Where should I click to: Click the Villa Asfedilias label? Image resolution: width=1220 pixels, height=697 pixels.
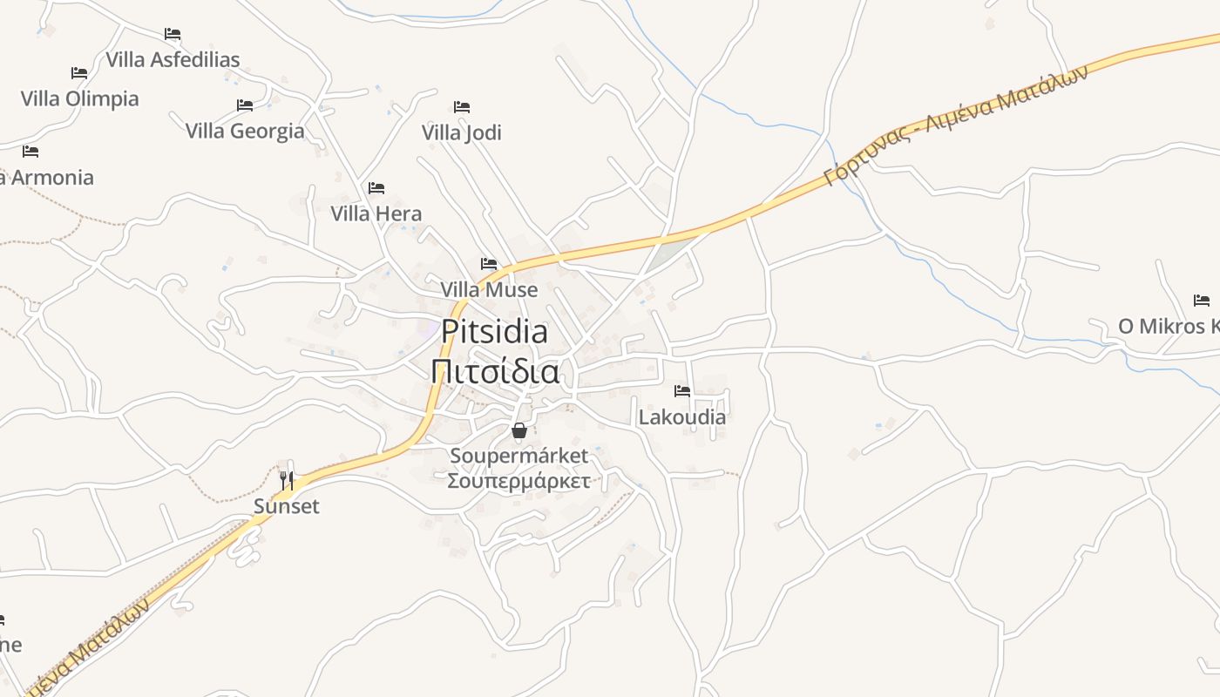point(173,60)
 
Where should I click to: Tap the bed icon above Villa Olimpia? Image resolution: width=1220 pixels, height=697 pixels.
point(79,73)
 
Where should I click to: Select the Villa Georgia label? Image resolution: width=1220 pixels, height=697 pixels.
point(245,131)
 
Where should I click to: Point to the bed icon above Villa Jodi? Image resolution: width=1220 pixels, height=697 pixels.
point(462,107)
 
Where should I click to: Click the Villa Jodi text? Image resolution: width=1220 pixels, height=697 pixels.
point(462,132)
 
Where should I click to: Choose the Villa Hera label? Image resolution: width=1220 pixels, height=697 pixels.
point(376,213)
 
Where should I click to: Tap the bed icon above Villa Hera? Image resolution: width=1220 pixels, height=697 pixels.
point(376,188)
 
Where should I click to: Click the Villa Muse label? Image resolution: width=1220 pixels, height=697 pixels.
point(489,289)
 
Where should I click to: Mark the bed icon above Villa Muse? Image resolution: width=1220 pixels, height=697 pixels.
point(489,263)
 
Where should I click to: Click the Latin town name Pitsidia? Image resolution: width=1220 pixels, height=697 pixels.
point(495,332)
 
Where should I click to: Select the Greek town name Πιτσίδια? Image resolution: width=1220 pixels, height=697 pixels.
point(495,371)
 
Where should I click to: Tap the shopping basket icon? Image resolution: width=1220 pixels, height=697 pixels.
point(519,430)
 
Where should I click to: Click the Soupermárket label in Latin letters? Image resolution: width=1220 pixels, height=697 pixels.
point(519,456)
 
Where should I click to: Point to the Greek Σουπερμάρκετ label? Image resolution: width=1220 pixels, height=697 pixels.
point(519,481)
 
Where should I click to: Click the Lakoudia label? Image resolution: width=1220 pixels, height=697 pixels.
point(682,417)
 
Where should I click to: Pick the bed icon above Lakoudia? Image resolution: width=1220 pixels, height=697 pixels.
point(682,391)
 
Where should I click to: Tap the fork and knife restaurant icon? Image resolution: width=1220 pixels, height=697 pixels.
point(287,480)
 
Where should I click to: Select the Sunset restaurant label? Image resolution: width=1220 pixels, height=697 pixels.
point(287,506)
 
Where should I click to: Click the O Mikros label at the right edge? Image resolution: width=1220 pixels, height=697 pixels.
point(1169,327)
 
